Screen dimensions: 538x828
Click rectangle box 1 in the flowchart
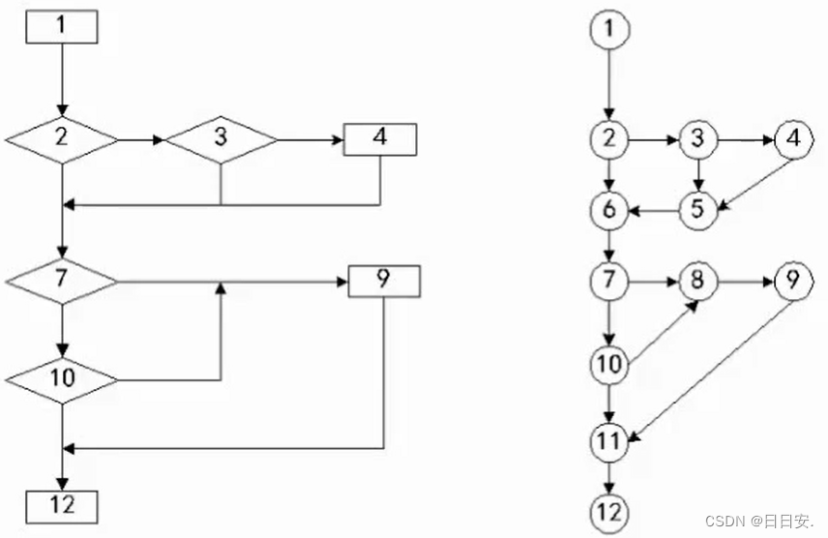coord(62,26)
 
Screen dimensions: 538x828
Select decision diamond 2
coord(62,139)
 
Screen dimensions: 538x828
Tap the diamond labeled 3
coord(222,139)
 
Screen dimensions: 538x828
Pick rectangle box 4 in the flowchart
coord(380,138)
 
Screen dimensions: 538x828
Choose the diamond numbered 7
coord(62,282)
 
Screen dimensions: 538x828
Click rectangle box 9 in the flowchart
coord(384,282)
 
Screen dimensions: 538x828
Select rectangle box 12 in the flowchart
coord(62,504)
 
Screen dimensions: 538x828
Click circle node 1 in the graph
coord(608,30)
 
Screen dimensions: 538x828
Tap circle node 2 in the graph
coord(608,140)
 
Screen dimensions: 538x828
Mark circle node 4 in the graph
coord(792,140)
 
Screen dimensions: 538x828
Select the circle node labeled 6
coord(608,209)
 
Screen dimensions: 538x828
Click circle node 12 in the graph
coord(608,510)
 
